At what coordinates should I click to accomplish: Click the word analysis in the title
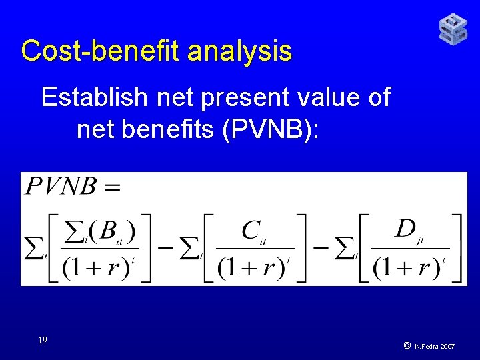pos(239,51)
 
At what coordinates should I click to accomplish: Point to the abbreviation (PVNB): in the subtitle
pos(274,129)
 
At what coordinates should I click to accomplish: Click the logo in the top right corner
pos(453,29)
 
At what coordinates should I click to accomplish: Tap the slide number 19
pos(42,340)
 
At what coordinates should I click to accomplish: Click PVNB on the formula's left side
pos(61,187)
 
